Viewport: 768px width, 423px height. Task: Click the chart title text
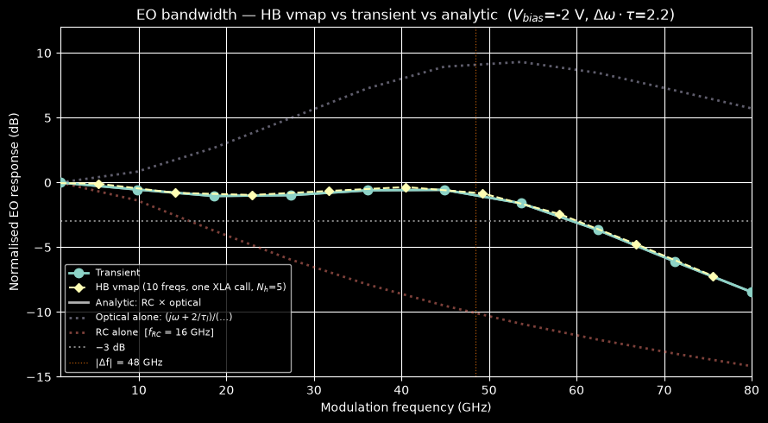pyautogui.click(x=406, y=15)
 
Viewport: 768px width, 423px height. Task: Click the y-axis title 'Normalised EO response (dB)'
pyautogui.click(x=14, y=202)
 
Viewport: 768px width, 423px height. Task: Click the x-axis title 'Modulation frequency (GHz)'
pyautogui.click(x=406, y=407)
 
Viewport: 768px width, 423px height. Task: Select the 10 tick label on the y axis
pyautogui.click(x=45, y=53)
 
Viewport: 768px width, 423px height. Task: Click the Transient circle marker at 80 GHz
pyautogui.click(x=751, y=292)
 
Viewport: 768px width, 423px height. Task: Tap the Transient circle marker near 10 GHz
pyautogui.click(x=137, y=190)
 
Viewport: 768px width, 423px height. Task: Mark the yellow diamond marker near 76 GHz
pyautogui.click(x=713, y=277)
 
